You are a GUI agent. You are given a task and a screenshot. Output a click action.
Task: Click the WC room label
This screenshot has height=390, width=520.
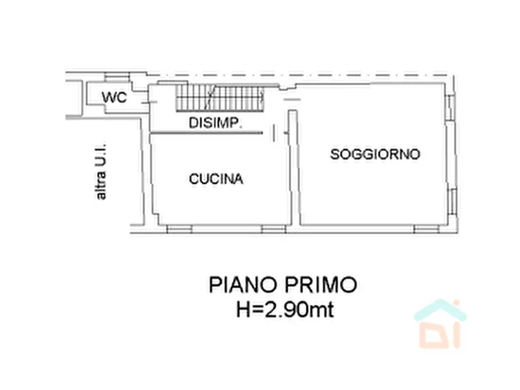pyautogui.click(x=114, y=98)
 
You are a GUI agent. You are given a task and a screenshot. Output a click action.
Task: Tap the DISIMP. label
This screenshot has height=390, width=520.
pyautogui.click(x=215, y=123)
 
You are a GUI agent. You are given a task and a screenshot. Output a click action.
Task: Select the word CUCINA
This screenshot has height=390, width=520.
pyautogui.click(x=215, y=179)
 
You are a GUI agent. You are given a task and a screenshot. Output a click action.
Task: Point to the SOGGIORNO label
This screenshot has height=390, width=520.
pyautogui.click(x=375, y=154)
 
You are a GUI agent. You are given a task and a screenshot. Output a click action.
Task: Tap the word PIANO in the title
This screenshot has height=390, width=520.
pyautogui.click(x=243, y=285)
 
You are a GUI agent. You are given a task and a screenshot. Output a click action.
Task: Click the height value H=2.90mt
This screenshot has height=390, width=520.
pyautogui.click(x=284, y=310)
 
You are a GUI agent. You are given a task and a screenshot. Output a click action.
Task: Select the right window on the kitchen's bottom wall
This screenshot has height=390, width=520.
pyautogui.click(x=273, y=229)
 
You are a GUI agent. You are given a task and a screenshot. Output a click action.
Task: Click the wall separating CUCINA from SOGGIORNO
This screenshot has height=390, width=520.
pyautogui.click(x=295, y=175)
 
